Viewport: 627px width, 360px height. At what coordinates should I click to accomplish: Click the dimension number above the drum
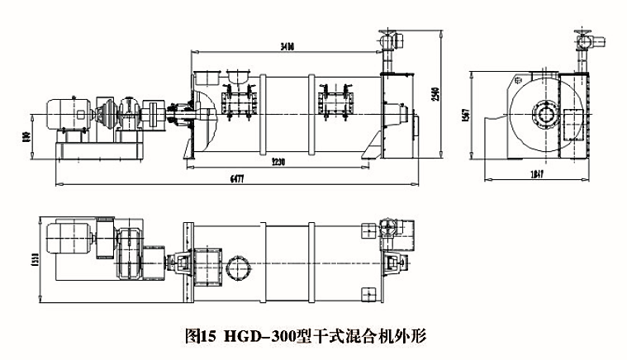pos(285,48)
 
